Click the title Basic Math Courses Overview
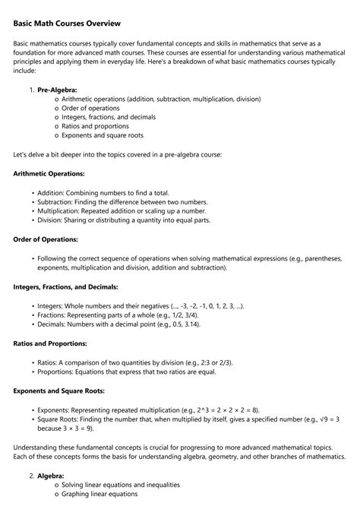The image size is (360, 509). [67, 24]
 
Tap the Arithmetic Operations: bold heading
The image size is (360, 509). [49, 173]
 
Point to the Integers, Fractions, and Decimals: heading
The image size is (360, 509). [65, 287]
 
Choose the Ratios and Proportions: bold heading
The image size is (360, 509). [52, 343]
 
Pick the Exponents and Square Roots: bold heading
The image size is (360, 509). [58, 390]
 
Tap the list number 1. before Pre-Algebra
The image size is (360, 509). [31, 90]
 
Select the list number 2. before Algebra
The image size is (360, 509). [31, 475]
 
